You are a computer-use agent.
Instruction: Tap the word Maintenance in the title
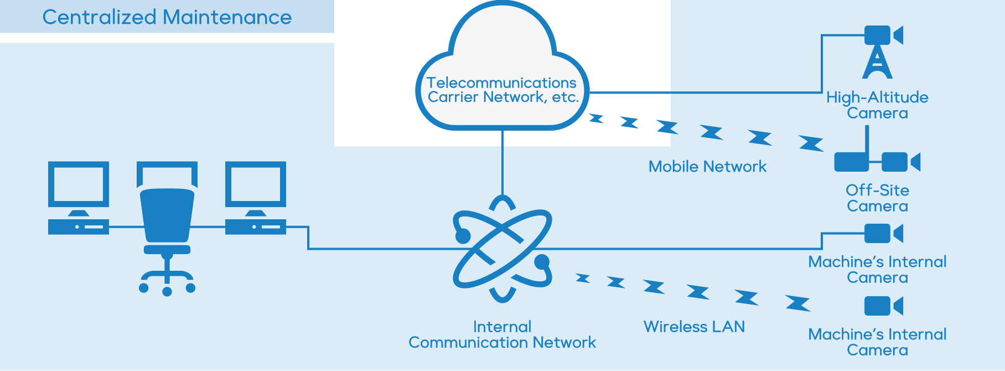(x=227, y=17)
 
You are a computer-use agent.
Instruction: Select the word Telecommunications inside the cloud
(x=501, y=83)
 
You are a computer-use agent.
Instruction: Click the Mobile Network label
(x=707, y=166)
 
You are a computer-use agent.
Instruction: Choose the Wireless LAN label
(x=694, y=327)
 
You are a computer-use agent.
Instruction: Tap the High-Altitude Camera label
(x=877, y=105)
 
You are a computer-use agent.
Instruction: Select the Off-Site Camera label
(x=877, y=198)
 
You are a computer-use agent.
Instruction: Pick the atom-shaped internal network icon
(x=503, y=249)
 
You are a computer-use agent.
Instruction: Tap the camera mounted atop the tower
(x=882, y=35)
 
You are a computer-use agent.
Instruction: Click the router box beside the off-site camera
(x=851, y=162)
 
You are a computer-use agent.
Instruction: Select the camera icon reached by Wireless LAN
(x=882, y=306)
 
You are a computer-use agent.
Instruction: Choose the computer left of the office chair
(x=79, y=197)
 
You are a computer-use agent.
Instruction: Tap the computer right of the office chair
(x=256, y=197)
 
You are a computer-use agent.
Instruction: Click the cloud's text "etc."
(x=565, y=97)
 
